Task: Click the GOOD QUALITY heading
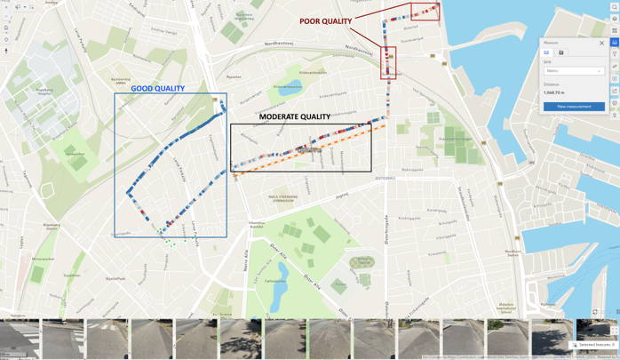tap(158, 89)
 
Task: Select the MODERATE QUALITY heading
tap(295, 116)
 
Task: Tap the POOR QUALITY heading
tap(325, 21)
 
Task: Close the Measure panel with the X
tap(601, 43)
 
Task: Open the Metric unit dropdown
tap(574, 71)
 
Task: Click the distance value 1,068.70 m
tap(553, 92)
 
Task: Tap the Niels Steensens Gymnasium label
tap(282, 199)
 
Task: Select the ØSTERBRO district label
tap(385, 178)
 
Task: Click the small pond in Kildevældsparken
tap(288, 88)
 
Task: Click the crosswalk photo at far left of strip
tap(20, 339)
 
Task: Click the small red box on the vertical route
tap(388, 62)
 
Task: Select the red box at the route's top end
tap(425, 12)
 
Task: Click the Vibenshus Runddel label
tap(256, 225)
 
